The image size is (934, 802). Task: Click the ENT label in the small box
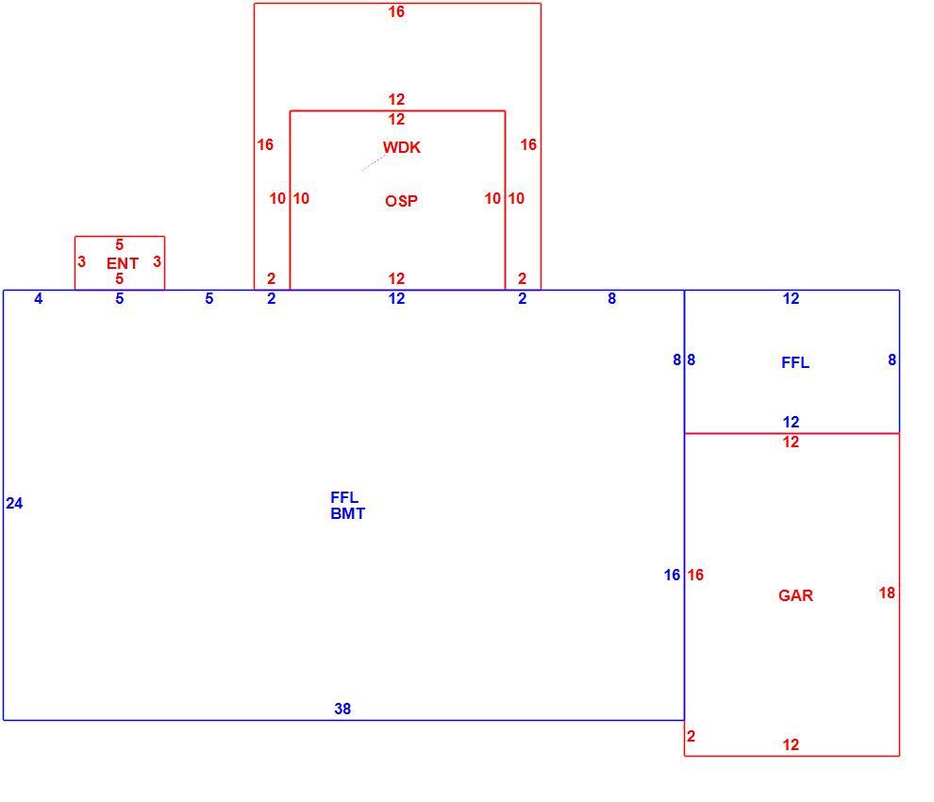(122, 262)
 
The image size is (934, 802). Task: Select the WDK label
(402, 147)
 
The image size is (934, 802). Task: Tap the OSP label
(402, 201)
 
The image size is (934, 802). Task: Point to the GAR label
(795, 595)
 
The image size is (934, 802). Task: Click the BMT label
(347, 513)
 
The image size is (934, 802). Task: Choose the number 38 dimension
(342, 709)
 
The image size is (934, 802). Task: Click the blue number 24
(14, 504)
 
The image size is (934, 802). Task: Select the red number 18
(887, 593)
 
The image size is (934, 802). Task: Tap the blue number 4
(39, 298)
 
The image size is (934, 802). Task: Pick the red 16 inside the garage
(695, 575)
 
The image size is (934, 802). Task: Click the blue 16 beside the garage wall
(672, 575)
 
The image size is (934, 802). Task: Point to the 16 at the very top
(396, 11)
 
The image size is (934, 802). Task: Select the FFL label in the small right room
(795, 362)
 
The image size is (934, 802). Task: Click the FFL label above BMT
(344, 497)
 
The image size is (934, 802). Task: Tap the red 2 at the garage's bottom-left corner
(691, 736)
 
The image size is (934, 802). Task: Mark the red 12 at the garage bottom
(791, 744)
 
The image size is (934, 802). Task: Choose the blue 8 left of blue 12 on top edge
(611, 298)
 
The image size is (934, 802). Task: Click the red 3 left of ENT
(81, 261)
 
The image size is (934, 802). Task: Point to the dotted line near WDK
(374, 163)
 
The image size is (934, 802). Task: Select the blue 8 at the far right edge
(892, 359)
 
